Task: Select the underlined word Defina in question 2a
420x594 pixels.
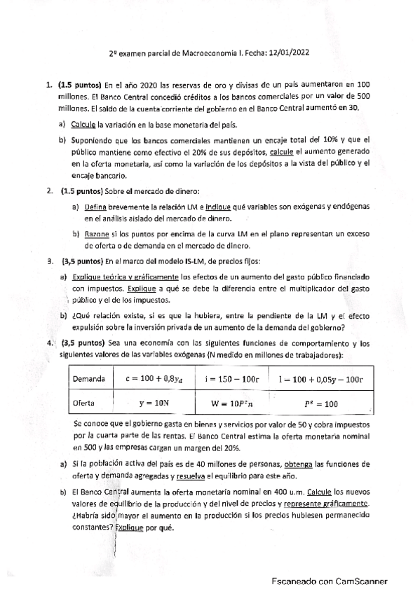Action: point(95,207)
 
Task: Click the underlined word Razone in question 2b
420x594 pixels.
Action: point(97,233)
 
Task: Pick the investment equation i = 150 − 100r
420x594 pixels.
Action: point(229,378)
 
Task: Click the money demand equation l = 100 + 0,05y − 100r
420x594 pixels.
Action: point(320,378)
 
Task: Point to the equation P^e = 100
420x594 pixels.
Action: point(321,403)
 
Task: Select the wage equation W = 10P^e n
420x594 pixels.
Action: point(229,403)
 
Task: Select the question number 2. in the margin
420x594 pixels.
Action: point(50,191)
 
